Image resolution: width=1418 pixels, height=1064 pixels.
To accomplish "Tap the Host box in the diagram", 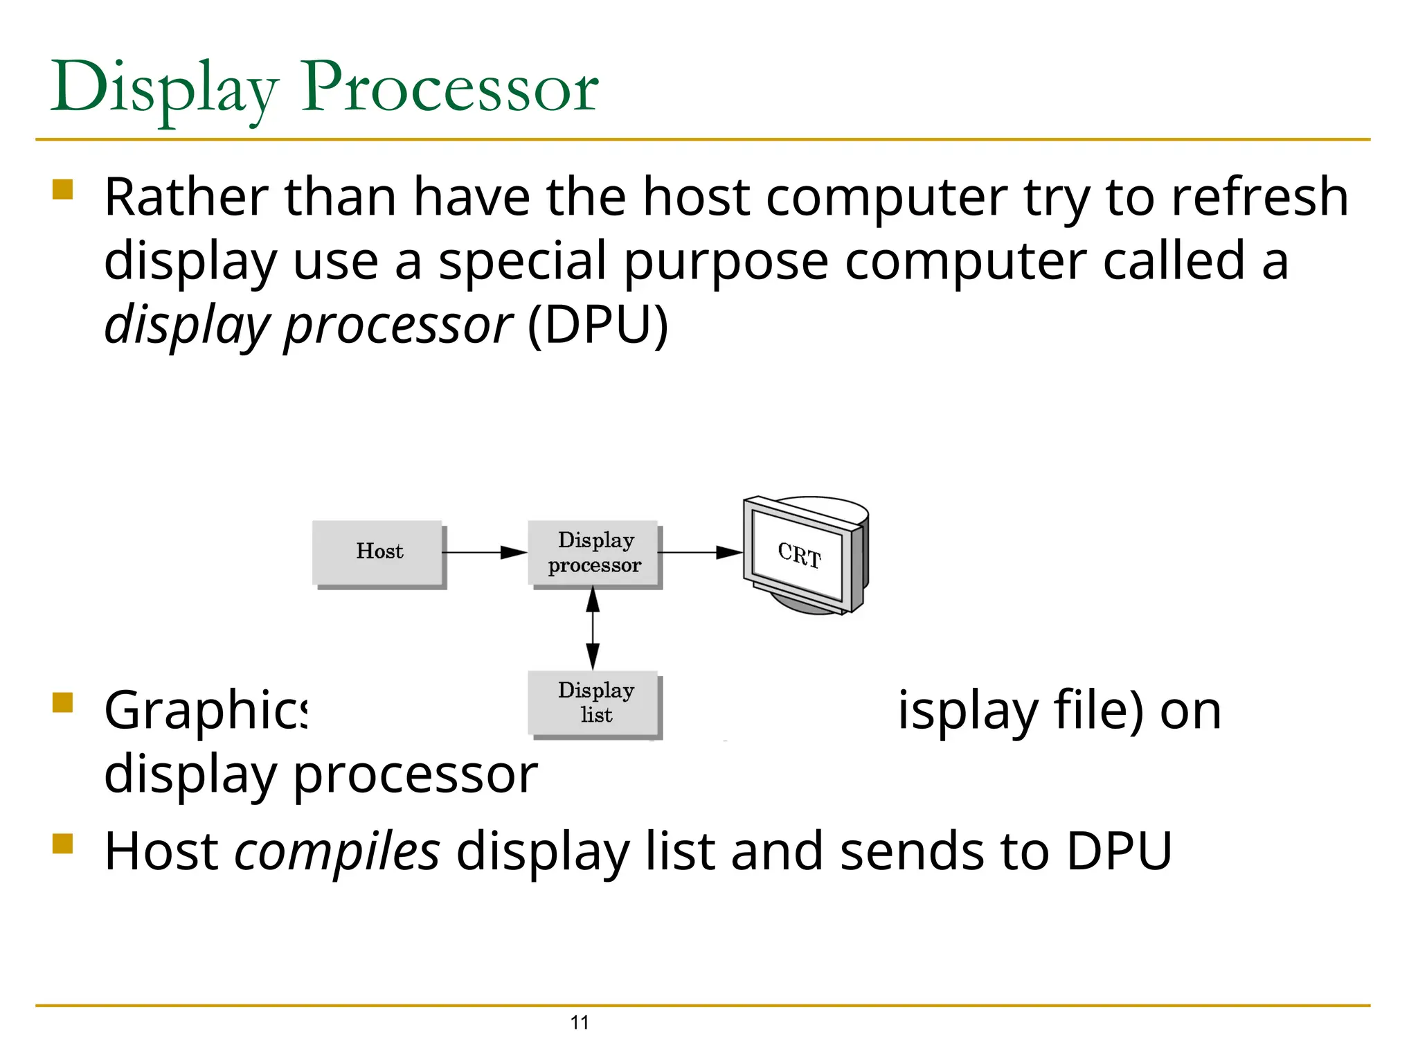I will [x=377, y=552].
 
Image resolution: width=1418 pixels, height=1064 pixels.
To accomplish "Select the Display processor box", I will [x=593, y=552].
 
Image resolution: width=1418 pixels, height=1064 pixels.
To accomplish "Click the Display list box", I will [x=593, y=702].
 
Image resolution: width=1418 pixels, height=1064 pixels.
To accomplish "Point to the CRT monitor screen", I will [x=798, y=555].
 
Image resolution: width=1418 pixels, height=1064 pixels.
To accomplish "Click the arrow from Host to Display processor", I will [x=485, y=552].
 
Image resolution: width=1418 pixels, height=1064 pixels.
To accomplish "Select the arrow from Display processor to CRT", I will [x=699, y=552].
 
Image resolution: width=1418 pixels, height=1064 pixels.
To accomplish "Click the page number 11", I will [x=580, y=1022].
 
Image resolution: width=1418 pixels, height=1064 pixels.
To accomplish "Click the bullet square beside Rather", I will [x=63, y=189].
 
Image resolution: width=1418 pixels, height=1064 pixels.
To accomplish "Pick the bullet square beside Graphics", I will [x=63, y=702].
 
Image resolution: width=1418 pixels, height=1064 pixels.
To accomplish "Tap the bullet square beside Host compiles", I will [x=63, y=844].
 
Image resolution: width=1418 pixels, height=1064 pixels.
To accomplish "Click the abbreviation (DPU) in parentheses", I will [x=598, y=324].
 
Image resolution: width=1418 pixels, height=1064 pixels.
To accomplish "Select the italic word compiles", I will [x=337, y=851].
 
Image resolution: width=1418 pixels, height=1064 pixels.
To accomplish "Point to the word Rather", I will [x=186, y=197].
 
